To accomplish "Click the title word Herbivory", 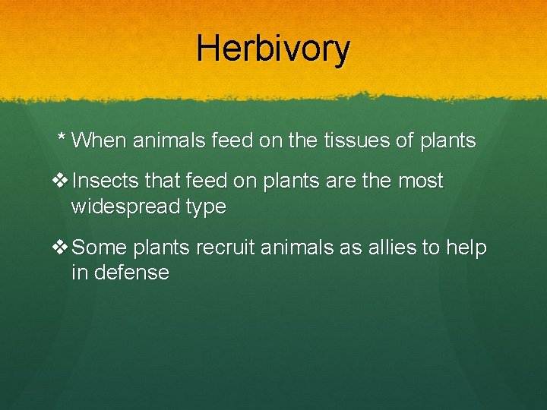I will coord(273,49).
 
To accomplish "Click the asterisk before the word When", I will coord(62,140).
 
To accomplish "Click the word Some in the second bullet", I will coord(100,248).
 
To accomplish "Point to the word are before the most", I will coord(343,181).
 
